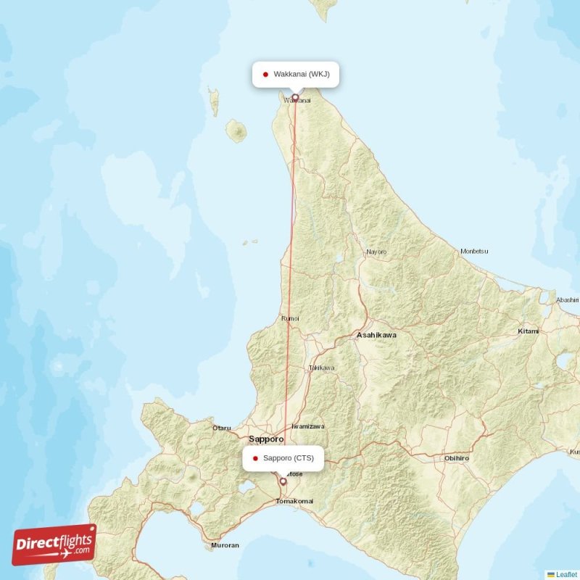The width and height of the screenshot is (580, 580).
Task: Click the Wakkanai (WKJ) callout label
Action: click(296, 74)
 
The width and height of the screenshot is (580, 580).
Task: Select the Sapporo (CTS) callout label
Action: click(283, 458)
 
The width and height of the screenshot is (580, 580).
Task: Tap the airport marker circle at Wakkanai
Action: click(295, 97)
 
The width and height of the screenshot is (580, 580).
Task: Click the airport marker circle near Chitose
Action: click(283, 481)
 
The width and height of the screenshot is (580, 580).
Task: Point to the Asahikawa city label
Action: click(376, 336)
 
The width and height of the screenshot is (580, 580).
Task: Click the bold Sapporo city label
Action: click(265, 439)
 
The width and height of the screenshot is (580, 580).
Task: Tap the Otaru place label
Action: click(221, 428)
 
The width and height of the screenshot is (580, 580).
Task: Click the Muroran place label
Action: click(225, 544)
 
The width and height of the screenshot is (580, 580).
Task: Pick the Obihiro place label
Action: click(457, 458)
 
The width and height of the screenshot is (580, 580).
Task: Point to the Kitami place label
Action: click(529, 331)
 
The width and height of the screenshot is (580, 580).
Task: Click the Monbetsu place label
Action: click(474, 252)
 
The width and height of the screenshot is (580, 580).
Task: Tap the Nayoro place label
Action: click(376, 252)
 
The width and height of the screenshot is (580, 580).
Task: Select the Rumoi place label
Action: click(289, 318)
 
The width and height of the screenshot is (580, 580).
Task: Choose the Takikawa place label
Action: click(322, 368)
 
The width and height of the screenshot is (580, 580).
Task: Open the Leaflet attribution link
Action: click(566, 574)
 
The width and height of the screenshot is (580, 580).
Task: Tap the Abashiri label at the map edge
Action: click(567, 299)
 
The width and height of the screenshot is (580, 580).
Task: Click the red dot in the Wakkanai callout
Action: click(266, 74)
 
